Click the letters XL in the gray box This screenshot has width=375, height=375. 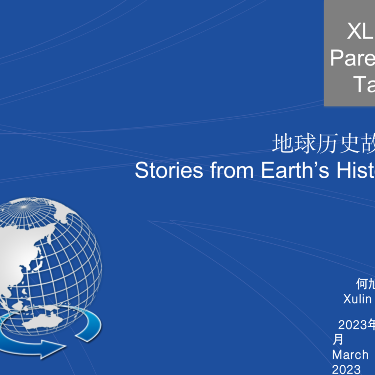click(360, 32)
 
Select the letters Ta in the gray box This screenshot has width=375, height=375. click(364, 84)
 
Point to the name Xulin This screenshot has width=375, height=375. click(357, 299)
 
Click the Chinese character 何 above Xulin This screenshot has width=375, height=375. click(362, 284)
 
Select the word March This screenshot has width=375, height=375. click(350, 354)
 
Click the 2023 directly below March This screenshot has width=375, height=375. click(346, 369)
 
